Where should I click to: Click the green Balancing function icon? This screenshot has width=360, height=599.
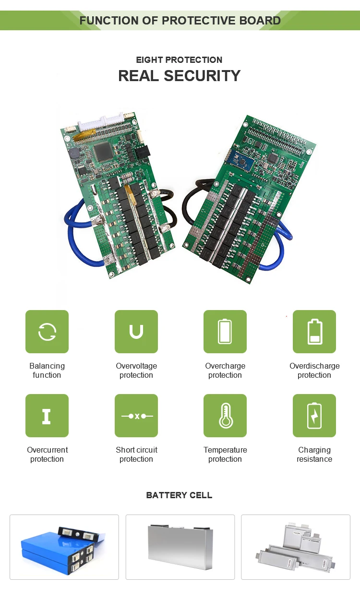pos(47,332)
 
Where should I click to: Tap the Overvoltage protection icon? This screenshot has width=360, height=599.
pos(136,332)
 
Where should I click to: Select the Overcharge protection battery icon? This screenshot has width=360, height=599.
pos(225,332)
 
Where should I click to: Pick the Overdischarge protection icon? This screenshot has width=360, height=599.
pos(314,332)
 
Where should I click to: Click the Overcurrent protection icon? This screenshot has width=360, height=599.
pos(47,416)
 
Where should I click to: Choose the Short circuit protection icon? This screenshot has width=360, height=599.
pos(136,416)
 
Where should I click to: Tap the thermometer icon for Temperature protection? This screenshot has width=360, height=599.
pos(225,416)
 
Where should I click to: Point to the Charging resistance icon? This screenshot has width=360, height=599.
pos(314,416)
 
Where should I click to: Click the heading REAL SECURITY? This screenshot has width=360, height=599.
pos(180,76)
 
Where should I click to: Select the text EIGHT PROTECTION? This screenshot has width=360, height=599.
pos(180,60)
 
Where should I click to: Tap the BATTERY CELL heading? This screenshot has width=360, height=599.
pos(180,495)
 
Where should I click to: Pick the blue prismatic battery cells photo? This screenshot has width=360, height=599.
pos(64,547)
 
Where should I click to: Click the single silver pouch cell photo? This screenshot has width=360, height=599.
pos(180,547)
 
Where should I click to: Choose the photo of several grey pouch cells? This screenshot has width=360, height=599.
pos(296,547)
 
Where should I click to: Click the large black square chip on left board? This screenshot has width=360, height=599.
pos(103,152)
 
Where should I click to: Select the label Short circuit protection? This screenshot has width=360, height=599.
pos(136,455)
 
